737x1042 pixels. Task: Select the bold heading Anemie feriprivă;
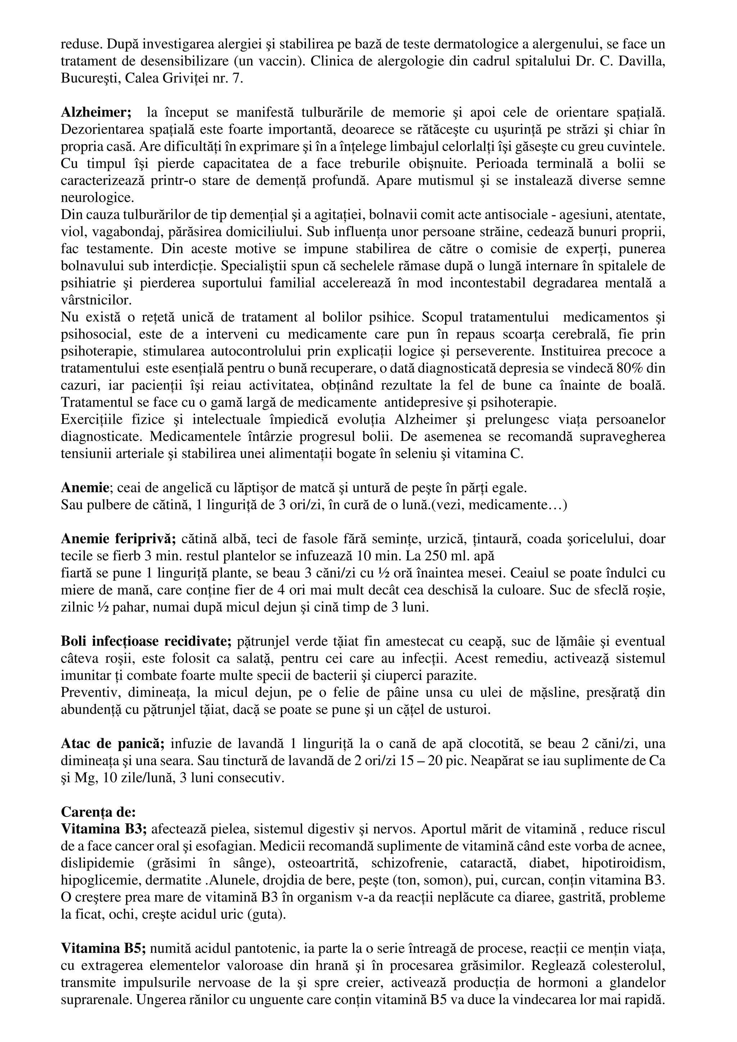point(118,539)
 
